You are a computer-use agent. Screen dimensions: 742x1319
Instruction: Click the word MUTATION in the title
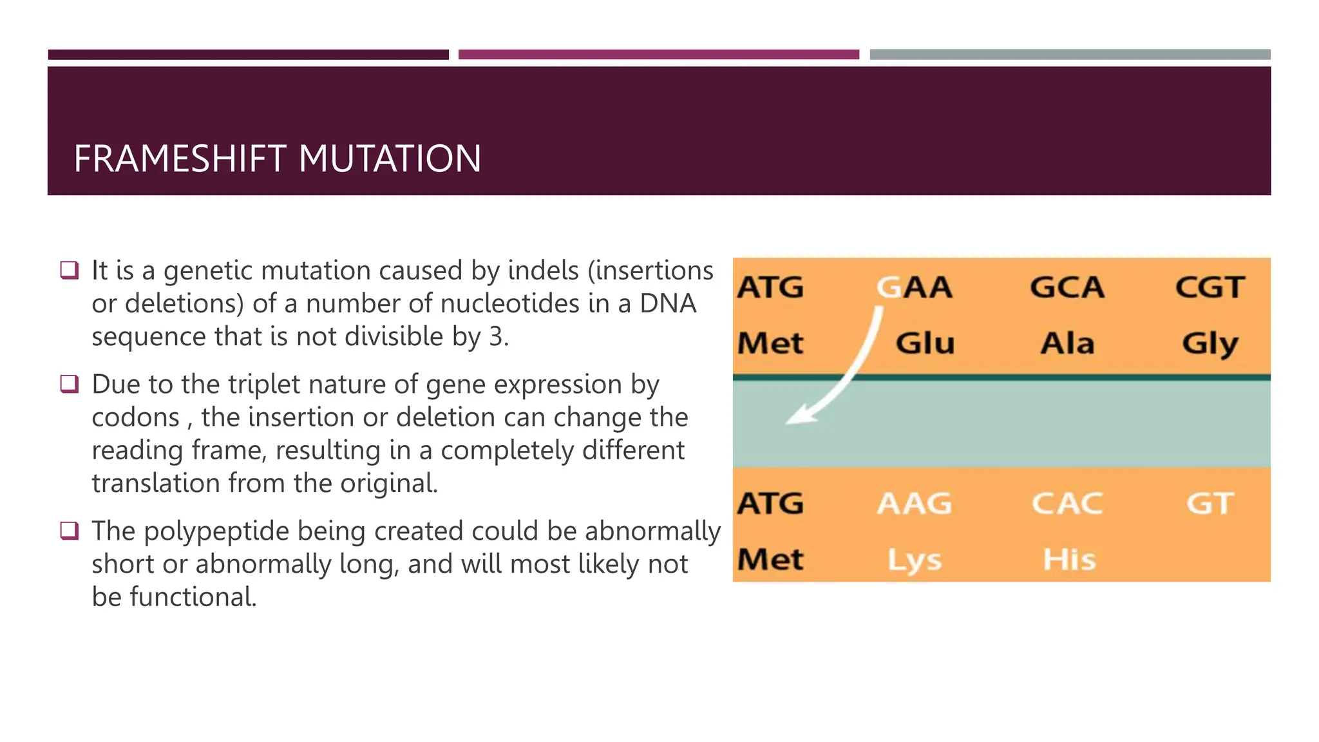390,159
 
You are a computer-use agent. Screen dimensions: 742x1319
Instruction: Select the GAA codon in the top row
914,287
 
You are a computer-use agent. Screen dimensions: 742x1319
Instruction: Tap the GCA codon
1067,287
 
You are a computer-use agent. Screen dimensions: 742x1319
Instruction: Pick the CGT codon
1210,287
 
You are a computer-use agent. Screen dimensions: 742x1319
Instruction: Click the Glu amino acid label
925,343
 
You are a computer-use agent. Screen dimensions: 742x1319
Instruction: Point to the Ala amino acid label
1067,343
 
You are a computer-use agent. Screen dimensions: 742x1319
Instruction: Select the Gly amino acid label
1210,344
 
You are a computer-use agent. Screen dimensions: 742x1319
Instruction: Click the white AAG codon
914,504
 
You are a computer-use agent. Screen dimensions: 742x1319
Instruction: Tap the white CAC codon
1067,504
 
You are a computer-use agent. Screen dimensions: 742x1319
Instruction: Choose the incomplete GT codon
1210,504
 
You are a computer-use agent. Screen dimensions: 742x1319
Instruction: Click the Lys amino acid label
914,560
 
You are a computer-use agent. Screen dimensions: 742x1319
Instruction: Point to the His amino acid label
1069,559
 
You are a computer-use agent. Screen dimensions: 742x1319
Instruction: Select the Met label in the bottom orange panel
770,559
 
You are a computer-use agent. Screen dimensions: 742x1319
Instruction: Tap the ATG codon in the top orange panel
770,287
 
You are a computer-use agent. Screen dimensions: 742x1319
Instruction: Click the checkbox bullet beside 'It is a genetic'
69,269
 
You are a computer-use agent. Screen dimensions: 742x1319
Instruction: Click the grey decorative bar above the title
1070,55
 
